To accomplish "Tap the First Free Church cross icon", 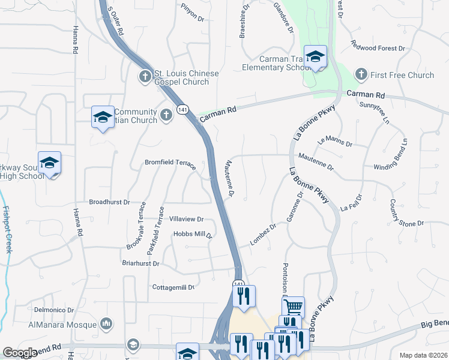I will click(x=361, y=74).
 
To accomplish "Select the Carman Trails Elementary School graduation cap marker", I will click(x=315, y=57).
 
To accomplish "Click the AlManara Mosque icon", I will click(x=106, y=325).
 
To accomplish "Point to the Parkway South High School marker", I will click(x=49, y=163).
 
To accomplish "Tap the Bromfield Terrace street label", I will click(x=170, y=163).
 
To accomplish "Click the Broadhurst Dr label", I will click(x=109, y=203).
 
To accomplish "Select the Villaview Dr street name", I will click(x=187, y=220).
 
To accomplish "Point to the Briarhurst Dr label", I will click(x=139, y=263).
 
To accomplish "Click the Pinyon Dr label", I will click(x=193, y=13).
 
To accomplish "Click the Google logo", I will click(x=20, y=353).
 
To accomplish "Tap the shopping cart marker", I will click(x=292, y=307).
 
